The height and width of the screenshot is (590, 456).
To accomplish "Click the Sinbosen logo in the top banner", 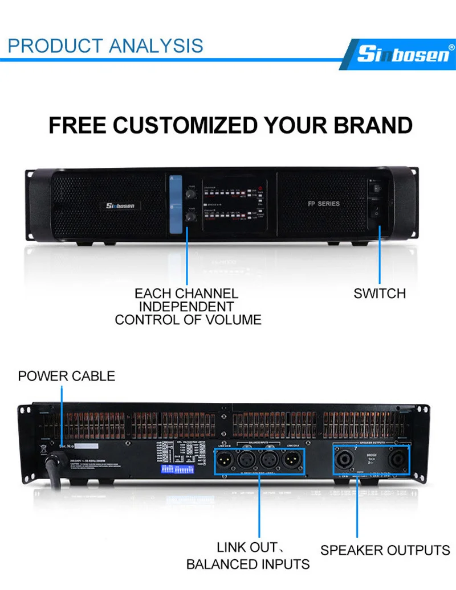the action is [401, 54].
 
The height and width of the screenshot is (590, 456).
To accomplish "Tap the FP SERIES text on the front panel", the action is [323, 203].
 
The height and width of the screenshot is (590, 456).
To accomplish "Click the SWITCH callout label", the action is [380, 294].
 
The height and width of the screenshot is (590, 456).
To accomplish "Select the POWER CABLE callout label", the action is [66, 376].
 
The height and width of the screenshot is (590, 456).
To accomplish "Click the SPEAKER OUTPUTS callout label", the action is [385, 550].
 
